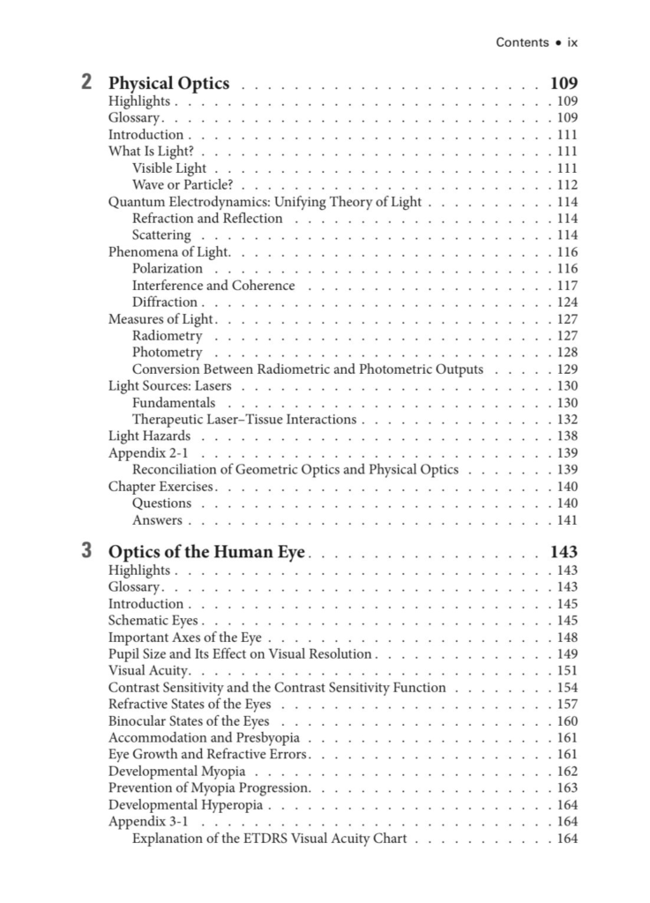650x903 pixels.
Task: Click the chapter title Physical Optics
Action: click(x=168, y=84)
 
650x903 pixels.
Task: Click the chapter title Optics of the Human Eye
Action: click(x=206, y=553)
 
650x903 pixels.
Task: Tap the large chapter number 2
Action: click(x=86, y=84)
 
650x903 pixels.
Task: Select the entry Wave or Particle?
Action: click(x=183, y=185)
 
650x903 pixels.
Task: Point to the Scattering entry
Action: click(x=161, y=235)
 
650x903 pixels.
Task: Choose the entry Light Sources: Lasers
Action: click(x=169, y=386)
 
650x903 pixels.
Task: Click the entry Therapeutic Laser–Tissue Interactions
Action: click(x=244, y=420)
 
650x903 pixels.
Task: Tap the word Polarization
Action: click(x=168, y=269)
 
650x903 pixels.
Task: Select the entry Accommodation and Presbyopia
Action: click(x=204, y=738)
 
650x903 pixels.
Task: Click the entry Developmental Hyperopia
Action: click(x=186, y=805)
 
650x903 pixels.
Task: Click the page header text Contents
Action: click(x=522, y=41)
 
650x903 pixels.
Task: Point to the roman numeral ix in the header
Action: click(x=572, y=41)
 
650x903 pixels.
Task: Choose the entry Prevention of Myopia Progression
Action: click(x=208, y=788)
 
